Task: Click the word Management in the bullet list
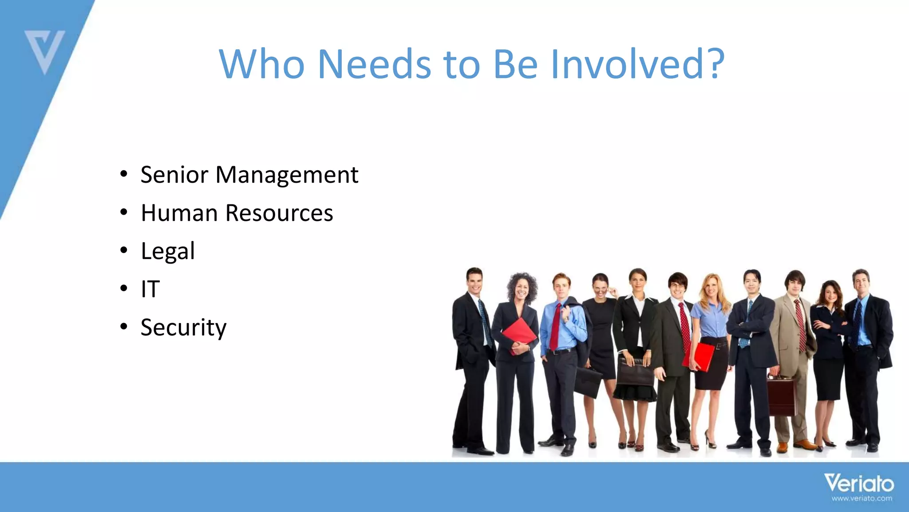pos(287,175)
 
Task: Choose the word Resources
pos(279,213)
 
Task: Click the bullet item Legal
pos(168,252)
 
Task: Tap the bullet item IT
pos(150,289)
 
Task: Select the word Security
pos(183,328)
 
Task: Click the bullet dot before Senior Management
pos(124,174)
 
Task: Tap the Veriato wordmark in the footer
pos(859,483)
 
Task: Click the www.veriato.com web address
pos(862,499)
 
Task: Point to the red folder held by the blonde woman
pos(701,356)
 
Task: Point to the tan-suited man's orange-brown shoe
pos(804,444)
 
